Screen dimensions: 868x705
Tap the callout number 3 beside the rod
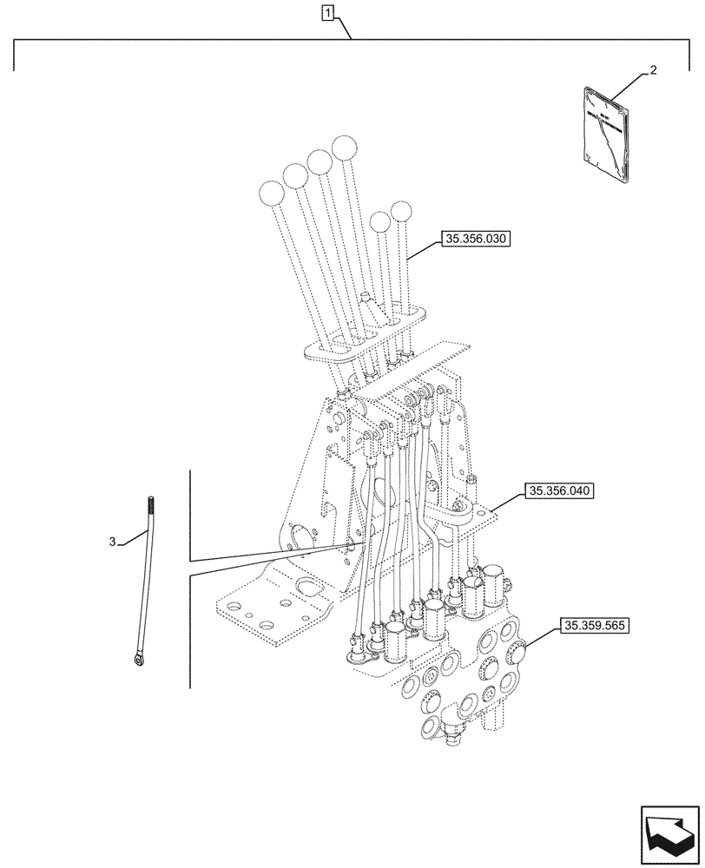(x=113, y=542)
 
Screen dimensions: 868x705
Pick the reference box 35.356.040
(x=558, y=491)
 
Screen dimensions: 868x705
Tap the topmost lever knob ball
(x=346, y=147)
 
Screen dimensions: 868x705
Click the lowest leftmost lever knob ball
(x=272, y=193)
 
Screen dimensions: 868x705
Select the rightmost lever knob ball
(x=402, y=211)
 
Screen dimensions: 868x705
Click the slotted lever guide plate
(x=365, y=336)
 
